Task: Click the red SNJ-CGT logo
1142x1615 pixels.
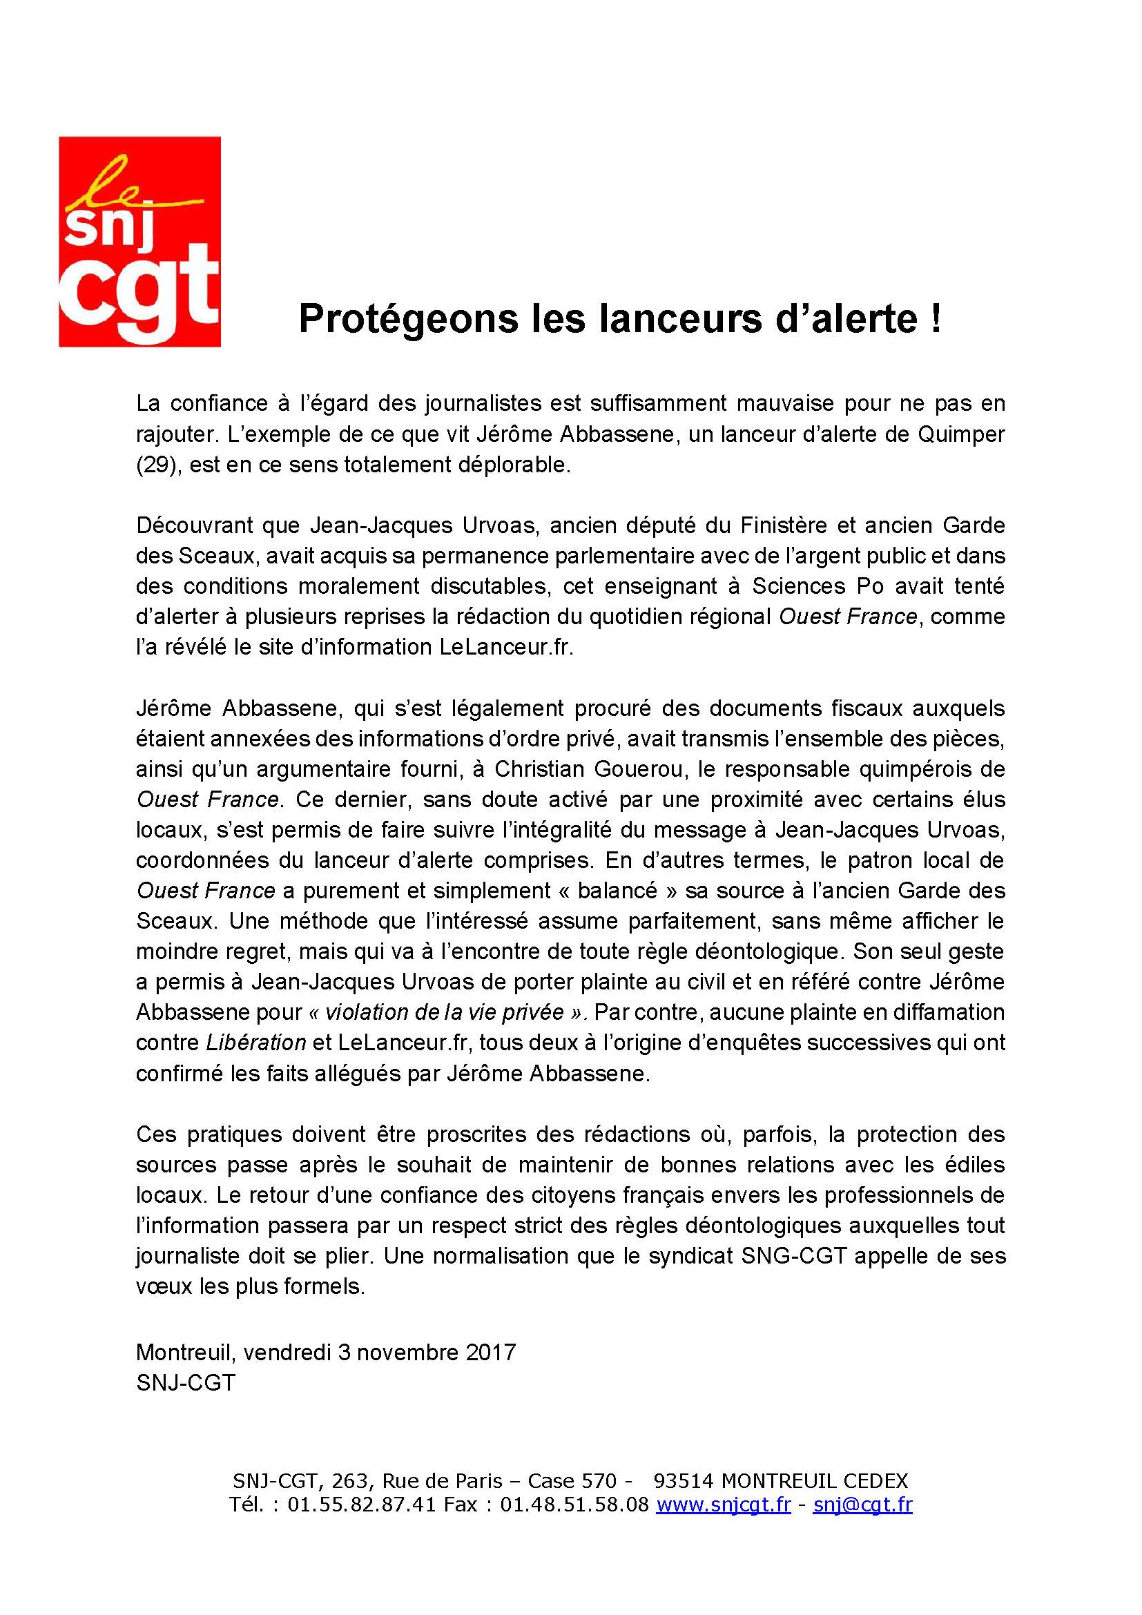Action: click(x=139, y=241)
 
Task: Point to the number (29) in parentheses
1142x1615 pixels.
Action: click(x=156, y=465)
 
